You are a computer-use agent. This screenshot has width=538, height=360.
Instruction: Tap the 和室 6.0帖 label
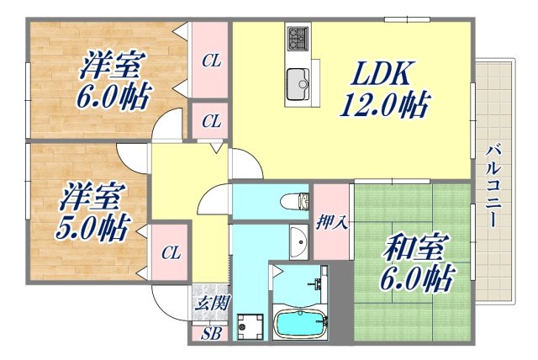coord(415,262)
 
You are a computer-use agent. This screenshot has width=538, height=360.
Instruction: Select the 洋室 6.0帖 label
coord(115,80)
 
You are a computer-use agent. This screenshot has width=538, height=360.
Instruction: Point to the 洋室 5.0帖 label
coord(93,213)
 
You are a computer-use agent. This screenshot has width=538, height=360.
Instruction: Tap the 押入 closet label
coord(331,223)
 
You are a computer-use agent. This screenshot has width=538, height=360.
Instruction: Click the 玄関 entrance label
coord(211,304)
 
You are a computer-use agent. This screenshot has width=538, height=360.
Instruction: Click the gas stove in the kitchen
coord(298,39)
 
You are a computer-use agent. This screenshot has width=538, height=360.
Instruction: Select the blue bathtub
coord(301,324)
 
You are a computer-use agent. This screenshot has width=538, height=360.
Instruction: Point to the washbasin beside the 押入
coord(298,241)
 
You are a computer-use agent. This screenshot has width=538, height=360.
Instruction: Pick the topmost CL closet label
coord(211,61)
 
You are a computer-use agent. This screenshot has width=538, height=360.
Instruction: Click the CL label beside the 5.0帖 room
coord(171,251)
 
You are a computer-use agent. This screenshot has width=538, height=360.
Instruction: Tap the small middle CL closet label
coord(211,122)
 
